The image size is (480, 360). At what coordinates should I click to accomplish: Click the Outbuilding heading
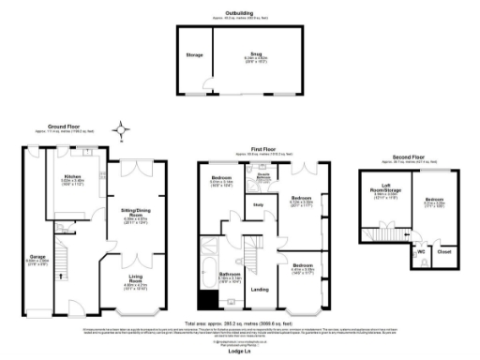(239, 12)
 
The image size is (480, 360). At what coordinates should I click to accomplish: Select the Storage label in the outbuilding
(194, 55)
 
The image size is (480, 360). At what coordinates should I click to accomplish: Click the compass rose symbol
(120, 130)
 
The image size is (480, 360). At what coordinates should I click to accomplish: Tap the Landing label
(260, 290)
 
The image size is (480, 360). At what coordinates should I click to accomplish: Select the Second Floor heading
(400, 156)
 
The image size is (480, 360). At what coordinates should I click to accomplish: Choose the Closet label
(444, 251)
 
